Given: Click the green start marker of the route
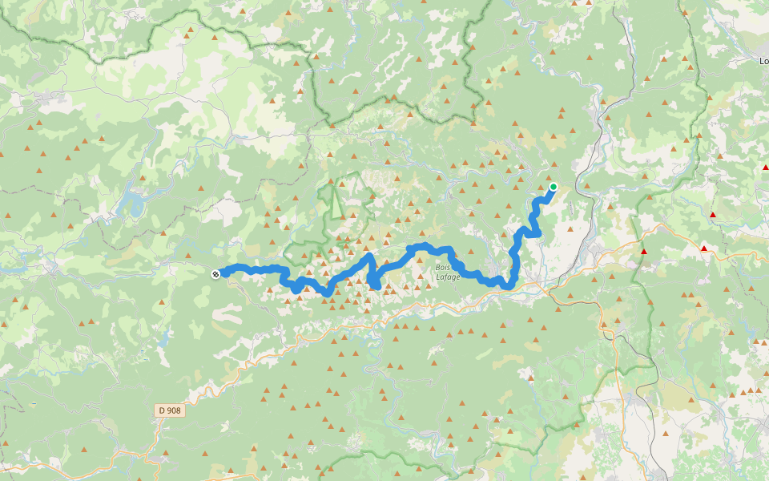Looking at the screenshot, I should [x=553, y=187].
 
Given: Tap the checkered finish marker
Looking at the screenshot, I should [x=215, y=274].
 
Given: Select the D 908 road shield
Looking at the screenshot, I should [x=170, y=410].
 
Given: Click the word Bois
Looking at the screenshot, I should [x=443, y=267].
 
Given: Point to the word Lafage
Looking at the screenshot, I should [x=448, y=277].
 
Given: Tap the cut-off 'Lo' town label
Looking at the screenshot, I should [x=763, y=60].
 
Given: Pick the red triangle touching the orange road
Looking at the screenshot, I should [x=704, y=249].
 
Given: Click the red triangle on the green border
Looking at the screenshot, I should [x=643, y=252].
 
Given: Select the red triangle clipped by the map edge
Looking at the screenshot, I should [x=765, y=167].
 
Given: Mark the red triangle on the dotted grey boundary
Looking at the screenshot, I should [x=712, y=215].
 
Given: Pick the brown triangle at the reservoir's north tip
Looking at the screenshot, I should [x=142, y=178].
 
